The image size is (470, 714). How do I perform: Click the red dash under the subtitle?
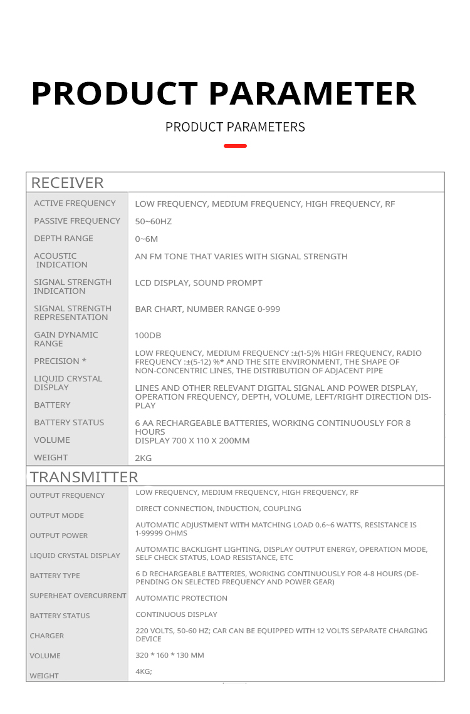(235, 146)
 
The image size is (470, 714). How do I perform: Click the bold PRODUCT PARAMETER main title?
(224, 93)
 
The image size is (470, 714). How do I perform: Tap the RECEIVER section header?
(67, 183)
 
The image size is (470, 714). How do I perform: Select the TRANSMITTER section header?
(84, 477)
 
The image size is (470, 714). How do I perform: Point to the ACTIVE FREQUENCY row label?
(75, 203)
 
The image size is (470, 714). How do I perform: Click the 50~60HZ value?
(153, 221)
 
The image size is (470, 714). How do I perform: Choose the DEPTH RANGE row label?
(63, 238)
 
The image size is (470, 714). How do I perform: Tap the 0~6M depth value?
(147, 239)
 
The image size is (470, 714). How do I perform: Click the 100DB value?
(148, 335)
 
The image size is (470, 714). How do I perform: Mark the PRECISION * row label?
(60, 361)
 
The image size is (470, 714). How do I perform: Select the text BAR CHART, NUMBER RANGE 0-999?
(207, 309)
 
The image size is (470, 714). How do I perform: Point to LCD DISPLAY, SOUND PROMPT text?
(199, 282)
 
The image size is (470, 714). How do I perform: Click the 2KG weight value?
(144, 458)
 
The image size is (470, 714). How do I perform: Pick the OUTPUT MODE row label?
(56, 515)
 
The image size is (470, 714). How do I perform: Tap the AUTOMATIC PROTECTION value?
(182, 598)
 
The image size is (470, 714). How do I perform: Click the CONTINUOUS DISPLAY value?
(177, 614)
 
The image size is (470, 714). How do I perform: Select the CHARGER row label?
(47, 636)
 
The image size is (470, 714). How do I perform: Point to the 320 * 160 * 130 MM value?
(170, 655)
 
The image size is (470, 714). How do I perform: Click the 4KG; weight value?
(144, 671)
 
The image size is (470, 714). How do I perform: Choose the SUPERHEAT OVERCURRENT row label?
(78, 596)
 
